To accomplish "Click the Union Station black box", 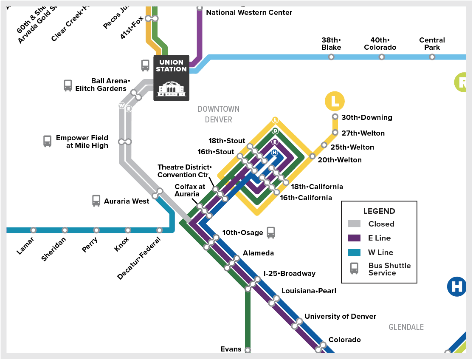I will coord(171,78).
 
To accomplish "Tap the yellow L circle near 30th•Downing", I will coord(335,101).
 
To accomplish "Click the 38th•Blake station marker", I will coord(331,57).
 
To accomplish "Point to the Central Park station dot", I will coord(432,57).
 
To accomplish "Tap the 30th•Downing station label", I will coord(367,117).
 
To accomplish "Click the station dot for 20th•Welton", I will coord(313,156).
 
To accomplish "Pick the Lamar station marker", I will coord(33,230).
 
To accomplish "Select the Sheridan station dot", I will coord(65,230).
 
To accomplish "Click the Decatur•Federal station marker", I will coord(159,230).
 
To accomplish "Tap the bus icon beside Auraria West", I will coord(96,201).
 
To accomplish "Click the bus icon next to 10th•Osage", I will coord(271,232).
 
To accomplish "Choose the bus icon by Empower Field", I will coord(48,141).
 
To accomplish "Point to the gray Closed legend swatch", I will coord(354,224).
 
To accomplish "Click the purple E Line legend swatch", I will coord(354,238).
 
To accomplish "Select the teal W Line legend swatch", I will coord(354,252).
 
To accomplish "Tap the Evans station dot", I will coord(248,351).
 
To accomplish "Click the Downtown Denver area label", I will coord(218,114).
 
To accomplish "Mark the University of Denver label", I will coord(340,316).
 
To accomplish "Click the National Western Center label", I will coord(249,12).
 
